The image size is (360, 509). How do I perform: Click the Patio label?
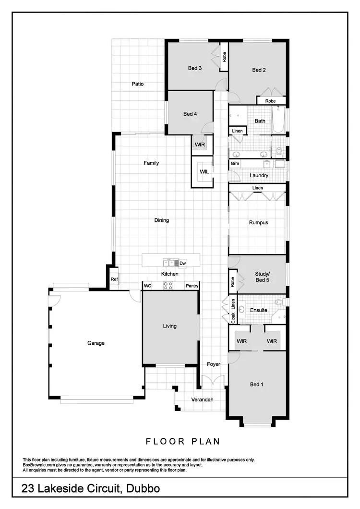[138, 84]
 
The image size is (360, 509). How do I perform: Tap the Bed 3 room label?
[194, 68]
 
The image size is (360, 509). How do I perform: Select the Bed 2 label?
[259, 70]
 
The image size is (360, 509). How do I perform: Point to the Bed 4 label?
[190, 114]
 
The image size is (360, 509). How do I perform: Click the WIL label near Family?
[204, 171]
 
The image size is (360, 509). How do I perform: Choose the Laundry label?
[259, 176]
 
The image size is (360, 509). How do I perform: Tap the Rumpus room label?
[258, 223]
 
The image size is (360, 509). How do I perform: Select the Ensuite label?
[258, 310]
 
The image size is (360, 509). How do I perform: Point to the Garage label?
[96, 343]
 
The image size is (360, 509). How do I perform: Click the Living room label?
[169, 326]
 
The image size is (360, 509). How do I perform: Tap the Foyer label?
[214, 364]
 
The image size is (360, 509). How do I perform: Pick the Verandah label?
[202, 400]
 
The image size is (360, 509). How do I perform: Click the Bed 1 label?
[257, 384]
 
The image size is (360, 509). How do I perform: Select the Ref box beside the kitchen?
[114, 279]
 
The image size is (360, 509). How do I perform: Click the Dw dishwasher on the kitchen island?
[182, 263]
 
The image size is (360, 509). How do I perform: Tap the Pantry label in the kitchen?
[192, 286]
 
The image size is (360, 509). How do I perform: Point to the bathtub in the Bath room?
[278, 120]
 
